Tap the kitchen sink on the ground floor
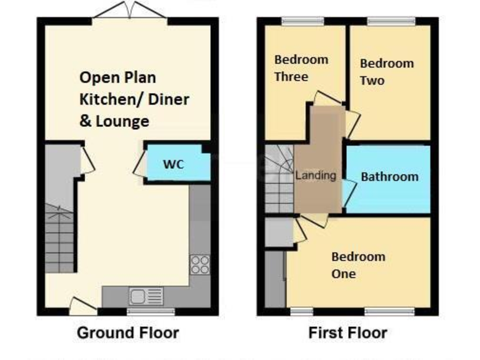146,295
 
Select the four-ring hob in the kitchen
200,264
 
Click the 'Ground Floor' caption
127,333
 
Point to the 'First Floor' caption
347,333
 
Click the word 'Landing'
316,176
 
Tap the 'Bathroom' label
389,177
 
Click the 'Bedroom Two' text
386,72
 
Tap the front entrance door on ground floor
82,306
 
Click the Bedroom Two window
391,22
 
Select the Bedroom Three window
302,22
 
